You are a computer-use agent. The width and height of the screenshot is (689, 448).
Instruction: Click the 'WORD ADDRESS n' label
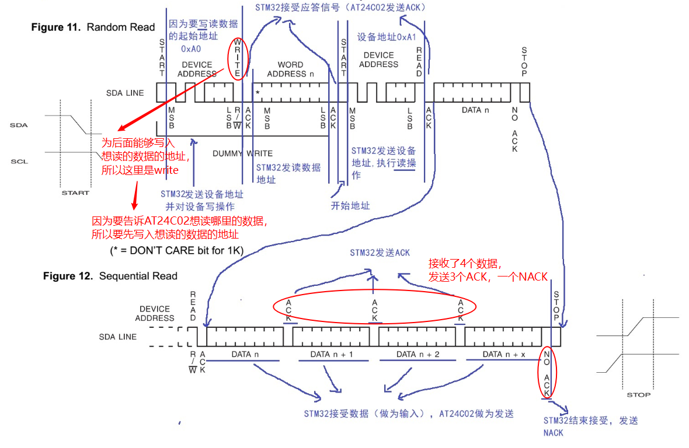[290, 69]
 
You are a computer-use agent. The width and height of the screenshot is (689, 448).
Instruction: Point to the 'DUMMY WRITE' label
[242, 153]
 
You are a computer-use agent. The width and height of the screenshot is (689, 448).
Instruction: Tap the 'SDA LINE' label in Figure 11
[125, 93]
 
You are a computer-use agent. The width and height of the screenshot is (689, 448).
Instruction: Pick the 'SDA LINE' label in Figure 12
[118, 337]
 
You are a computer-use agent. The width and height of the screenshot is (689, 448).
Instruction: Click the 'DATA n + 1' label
[331, 355]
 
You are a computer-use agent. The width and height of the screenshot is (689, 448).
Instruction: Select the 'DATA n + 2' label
[417, 355]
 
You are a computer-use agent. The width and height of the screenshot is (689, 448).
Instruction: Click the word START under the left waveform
[75, 192]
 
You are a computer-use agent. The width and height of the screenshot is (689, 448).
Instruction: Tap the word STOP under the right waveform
[638, 395]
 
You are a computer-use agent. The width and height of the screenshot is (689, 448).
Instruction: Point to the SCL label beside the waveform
[19, 162]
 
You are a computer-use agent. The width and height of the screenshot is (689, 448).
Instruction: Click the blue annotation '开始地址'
[350, 206]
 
